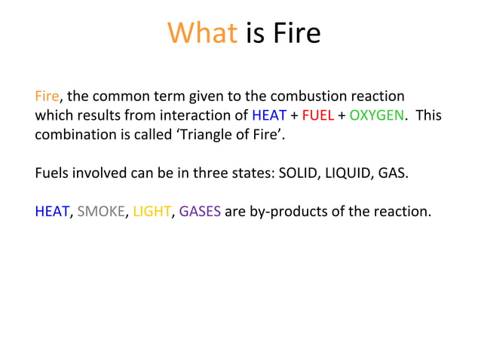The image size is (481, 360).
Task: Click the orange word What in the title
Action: coord(202,33)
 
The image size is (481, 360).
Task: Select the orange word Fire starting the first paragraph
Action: coord(47,96)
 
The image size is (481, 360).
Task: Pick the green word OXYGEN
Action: coord(378,116)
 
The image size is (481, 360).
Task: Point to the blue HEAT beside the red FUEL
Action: coord(269,116)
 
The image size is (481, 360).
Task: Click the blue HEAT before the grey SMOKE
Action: coord(52,212)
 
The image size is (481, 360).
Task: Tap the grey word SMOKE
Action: coord(103,212)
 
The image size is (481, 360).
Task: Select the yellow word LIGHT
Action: coord(152,212)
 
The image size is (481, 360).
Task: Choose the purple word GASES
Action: coord(200,212)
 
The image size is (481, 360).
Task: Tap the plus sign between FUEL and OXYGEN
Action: coord(342,116)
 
